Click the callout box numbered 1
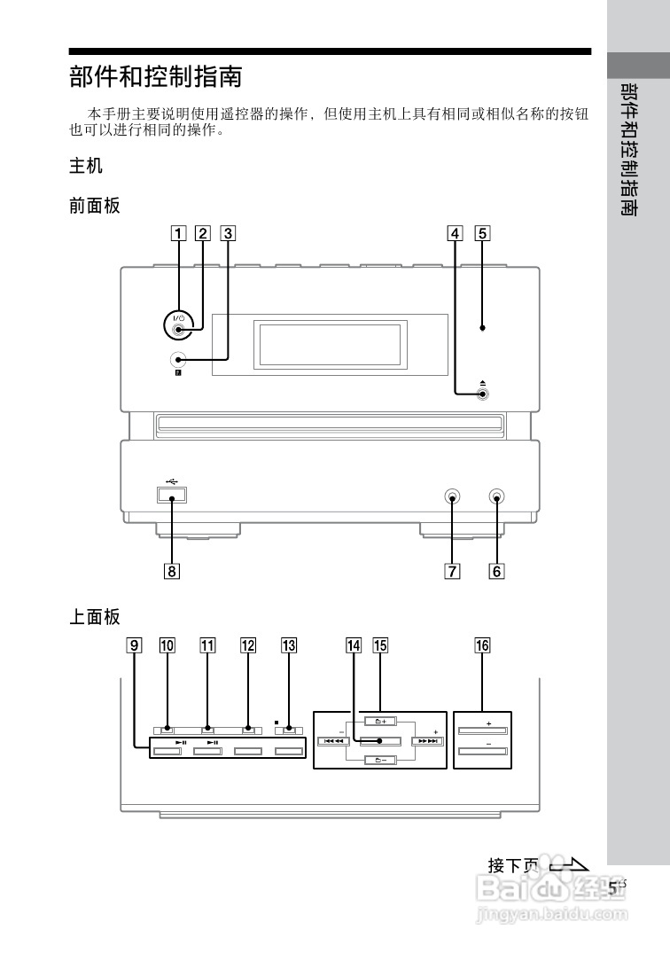[178, 233]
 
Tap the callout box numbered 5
[482, 233]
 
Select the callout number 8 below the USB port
[172, 571]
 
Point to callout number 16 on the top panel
[482, 645]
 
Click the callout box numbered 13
[289, 645]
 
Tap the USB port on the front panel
[172, 496]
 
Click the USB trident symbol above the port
[172, 481]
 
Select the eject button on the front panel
[482, 394]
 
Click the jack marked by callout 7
[452, 497]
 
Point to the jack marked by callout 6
[496, 497]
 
